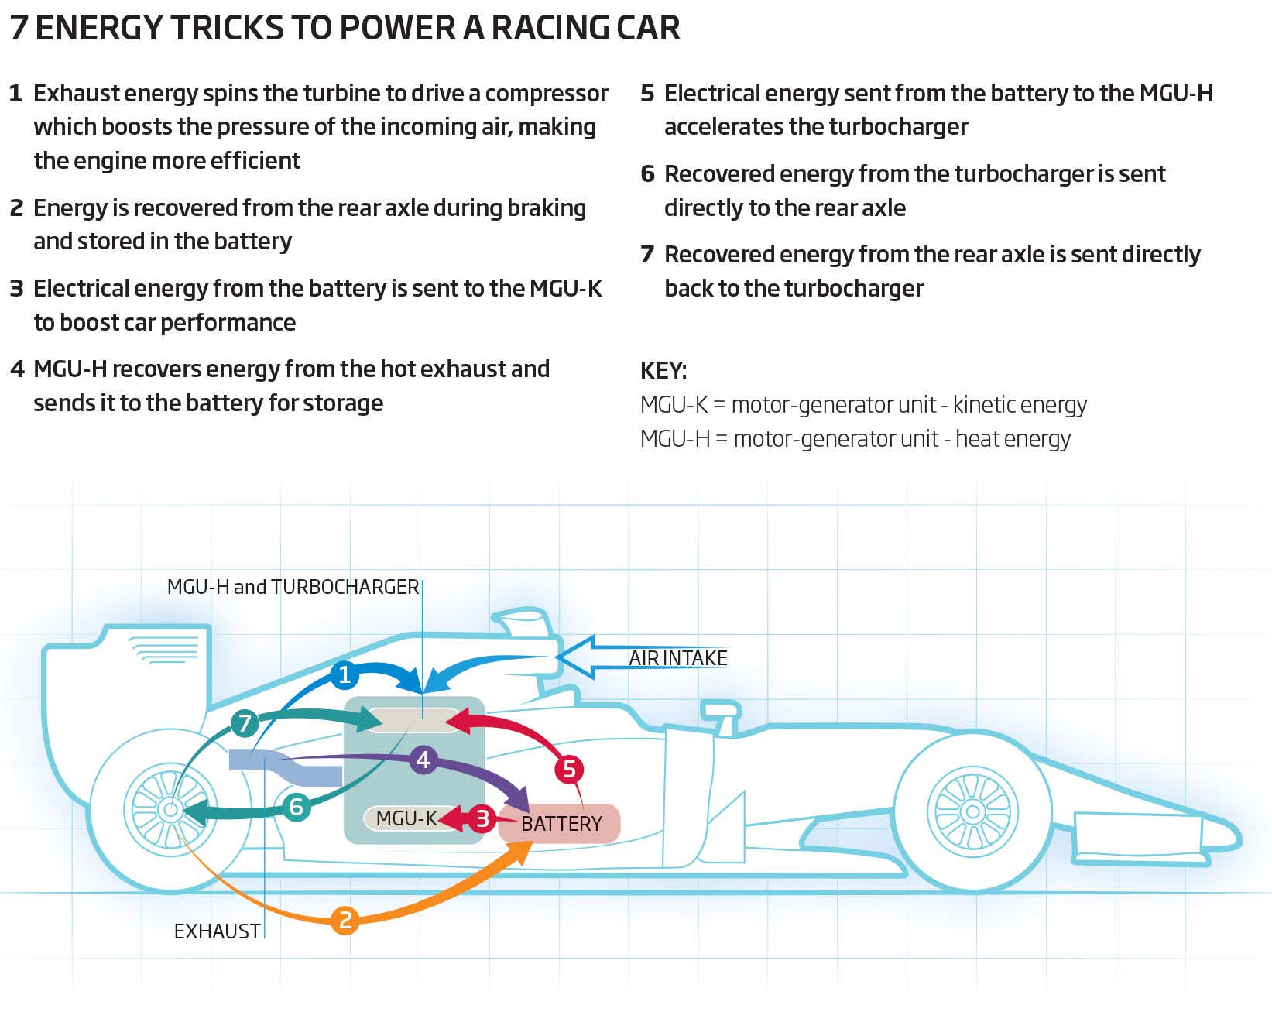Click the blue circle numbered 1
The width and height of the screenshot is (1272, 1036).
[x=345, y=674]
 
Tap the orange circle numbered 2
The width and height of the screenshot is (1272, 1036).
[x=345, y=920]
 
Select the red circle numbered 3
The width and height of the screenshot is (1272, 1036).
[x=482, y=818]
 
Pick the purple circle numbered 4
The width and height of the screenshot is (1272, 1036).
[x=423, y=760]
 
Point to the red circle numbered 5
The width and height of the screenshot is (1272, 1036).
[x=569, y=769]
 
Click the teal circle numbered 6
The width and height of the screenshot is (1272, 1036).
[x=296, y=807]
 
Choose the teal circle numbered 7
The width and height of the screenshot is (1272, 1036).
[x=245, y=723]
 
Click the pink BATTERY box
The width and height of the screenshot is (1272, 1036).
[x=560, y=823]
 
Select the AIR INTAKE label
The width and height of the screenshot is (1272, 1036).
[x=678, y=658]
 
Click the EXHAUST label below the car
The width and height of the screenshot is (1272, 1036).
[x=217, y=931]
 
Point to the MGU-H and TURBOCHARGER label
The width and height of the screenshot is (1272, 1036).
[x=293, y=587]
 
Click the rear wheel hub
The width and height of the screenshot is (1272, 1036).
[x=170, y=811]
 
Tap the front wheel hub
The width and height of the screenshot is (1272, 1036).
[x=972, y=811]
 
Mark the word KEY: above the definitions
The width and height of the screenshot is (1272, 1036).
[x=663, y=370]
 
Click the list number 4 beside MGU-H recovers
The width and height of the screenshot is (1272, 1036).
[x=18, y=369]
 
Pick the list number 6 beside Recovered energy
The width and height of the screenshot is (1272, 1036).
[x=648, y=173]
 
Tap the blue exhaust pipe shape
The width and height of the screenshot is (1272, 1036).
[x=286, y=766]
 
